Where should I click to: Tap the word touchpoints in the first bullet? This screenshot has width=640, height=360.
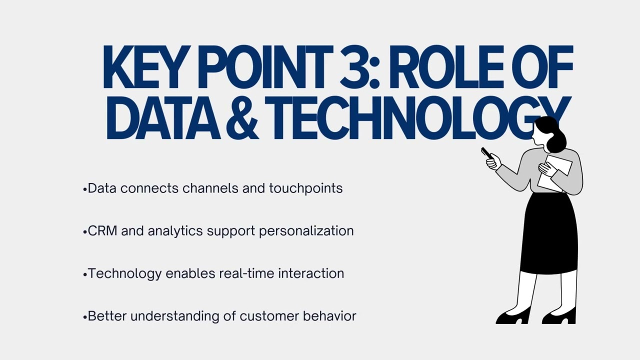pyautogui.click(x=305, y=188)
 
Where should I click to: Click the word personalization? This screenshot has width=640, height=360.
pyautogui.click(x=306, y=231)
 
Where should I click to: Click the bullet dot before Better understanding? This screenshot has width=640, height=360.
pyautogui.click(x=85, y=317)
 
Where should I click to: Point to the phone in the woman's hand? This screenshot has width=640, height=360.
pyautogui.click(x=486, y=153)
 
